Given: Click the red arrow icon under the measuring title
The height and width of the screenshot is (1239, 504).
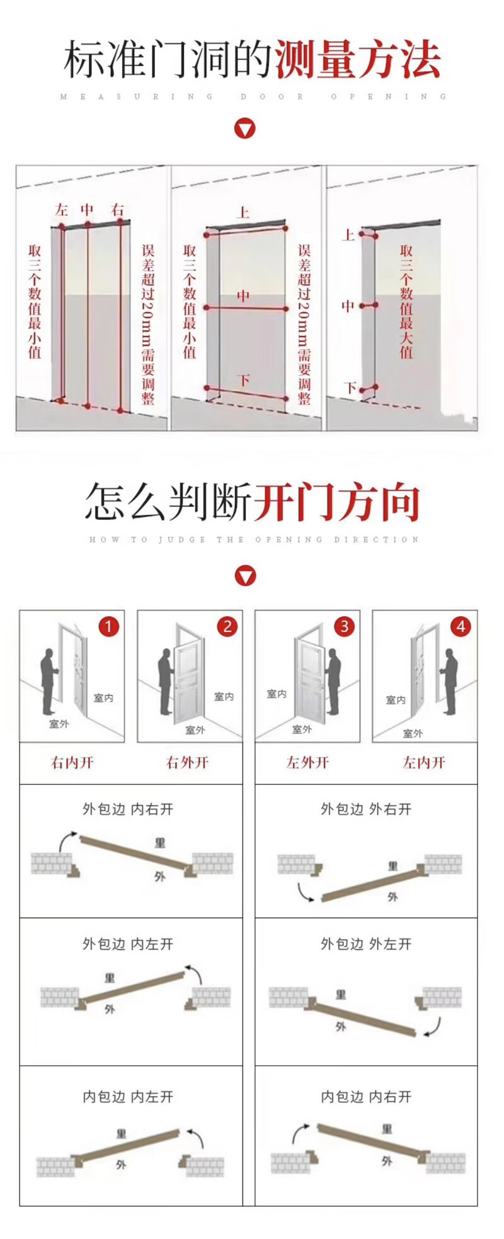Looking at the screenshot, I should click(x=244, y=129).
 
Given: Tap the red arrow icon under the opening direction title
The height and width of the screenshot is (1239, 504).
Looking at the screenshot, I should click(x=245, y=575).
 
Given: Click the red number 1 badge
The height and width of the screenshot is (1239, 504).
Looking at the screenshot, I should click(x=108, y=626).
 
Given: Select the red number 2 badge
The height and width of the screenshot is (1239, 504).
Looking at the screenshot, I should click(x=227, y=626).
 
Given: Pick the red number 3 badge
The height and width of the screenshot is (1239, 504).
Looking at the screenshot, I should click(x=344, y=626).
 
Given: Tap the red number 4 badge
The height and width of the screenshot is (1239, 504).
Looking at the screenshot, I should click(x=461, y=626).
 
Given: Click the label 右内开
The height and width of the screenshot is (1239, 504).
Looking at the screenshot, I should click(x=72, y=763).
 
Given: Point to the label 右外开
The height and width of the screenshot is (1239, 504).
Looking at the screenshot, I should click(x=188, y=763).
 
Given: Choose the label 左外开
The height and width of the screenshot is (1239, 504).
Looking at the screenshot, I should click(x=308, y=763).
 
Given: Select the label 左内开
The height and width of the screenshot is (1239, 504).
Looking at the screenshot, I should click(x=424, y=763).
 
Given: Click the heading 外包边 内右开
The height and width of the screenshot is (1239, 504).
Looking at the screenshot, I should click(x=128, y=809).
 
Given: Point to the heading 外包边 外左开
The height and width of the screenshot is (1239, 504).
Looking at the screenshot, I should click(x=366, y=944).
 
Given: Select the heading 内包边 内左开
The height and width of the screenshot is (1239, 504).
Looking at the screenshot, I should click(x=128, y=1097).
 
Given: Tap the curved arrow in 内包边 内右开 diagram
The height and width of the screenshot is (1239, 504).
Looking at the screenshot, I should click(x=300, y=1132).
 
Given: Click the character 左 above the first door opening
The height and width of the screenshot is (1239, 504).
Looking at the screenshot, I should click(x=61, y=210).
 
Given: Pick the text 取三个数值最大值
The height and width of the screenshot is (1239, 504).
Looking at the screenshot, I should click(x=406, y=302).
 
